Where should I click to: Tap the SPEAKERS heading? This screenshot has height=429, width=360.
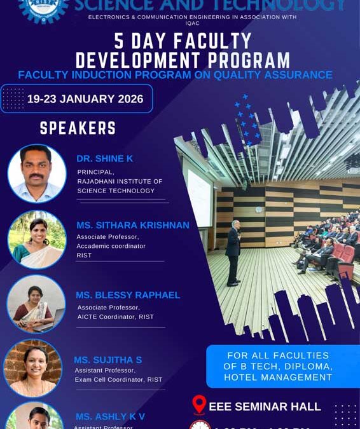tap(78, 128)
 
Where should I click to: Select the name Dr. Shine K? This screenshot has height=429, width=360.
tap(105, 158)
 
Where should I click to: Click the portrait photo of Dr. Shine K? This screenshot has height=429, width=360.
tap(37, 174)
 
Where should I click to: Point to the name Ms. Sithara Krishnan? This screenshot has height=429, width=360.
tap(132, 225)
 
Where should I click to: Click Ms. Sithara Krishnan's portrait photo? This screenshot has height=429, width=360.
tap(37, 240)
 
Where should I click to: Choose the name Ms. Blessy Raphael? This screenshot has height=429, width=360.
tap(128, 295)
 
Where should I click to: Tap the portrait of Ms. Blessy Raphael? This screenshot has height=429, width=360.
tap(36, 304)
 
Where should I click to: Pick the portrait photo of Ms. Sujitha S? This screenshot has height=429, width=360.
tap(33, 368)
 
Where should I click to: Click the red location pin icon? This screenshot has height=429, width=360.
tap(199, 405)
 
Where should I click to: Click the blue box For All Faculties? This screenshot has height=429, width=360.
tap(282, 366)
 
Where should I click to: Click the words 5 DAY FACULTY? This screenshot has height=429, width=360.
tap(183, 42)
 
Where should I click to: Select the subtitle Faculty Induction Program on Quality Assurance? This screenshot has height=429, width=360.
tap(175, 75)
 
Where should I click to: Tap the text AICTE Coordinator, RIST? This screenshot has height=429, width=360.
tap(114, 317)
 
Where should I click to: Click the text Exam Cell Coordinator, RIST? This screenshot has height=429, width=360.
tap(118, 379)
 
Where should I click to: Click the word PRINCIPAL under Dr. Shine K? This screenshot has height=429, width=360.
tap(95, 172)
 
